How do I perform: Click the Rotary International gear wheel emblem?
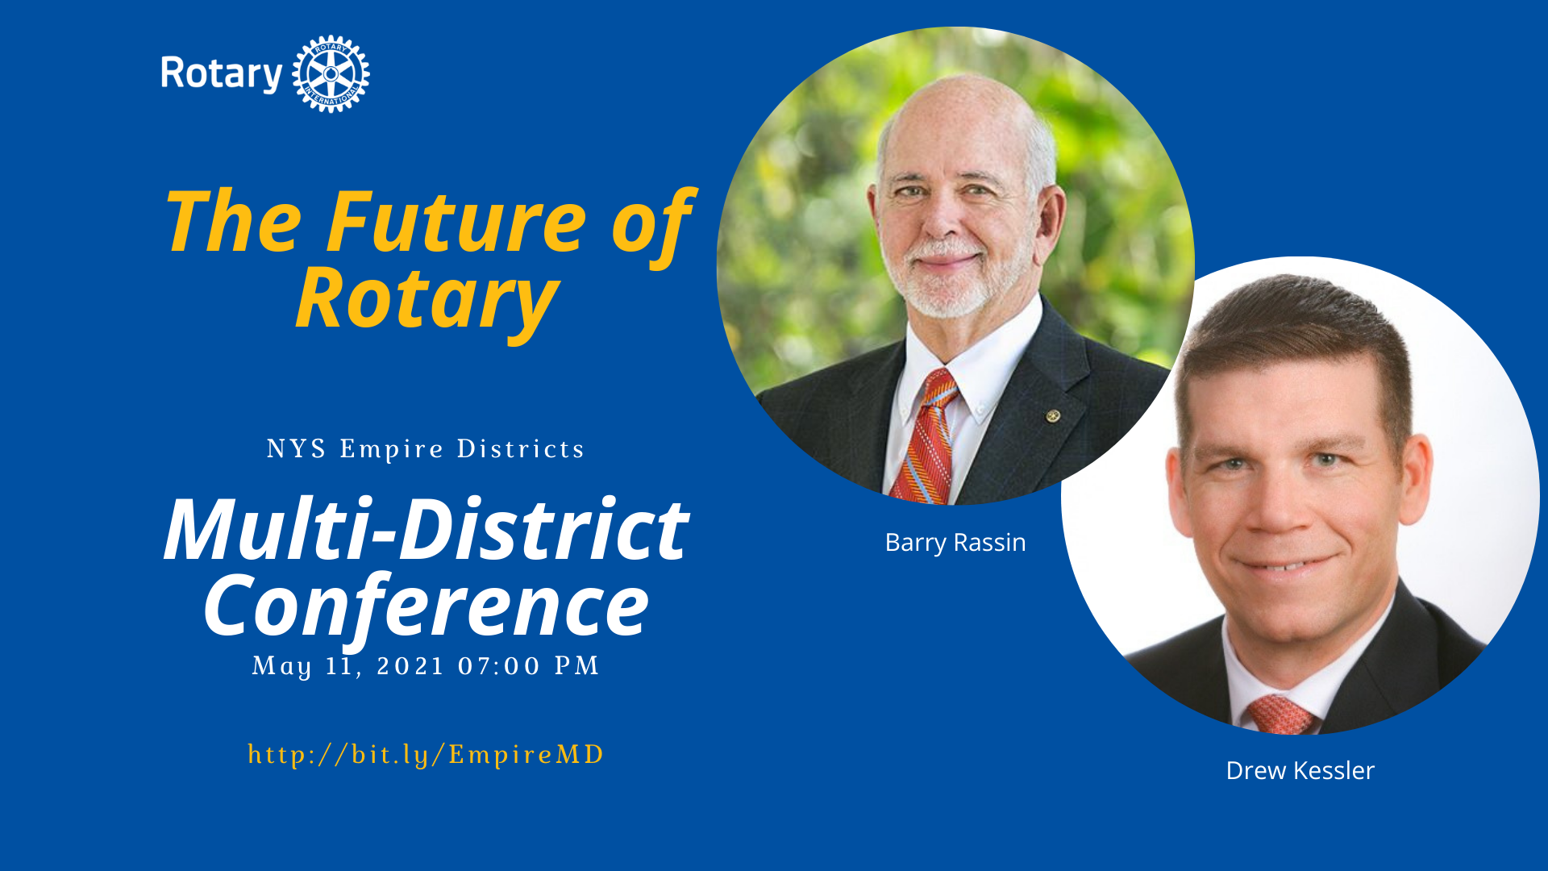(x=331, y=73)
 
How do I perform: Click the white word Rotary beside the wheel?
(x=221, y=74)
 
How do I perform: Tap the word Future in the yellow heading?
(x=456, y=222)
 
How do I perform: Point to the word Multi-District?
(x=426, y=529)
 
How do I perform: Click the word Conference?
(x=426, y=605)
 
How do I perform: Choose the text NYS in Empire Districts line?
(x=297, y=448)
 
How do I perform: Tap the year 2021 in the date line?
(x=410, y=666)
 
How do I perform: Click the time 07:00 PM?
(x=529, y=666)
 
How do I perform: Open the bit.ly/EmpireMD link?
(x=426, y=755)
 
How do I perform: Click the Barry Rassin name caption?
(x=955, y=543)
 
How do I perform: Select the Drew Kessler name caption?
(x=1300, y=771)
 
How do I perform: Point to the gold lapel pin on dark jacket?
(x=1052, y=416)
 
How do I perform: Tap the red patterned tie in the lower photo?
(x=1281, y=715)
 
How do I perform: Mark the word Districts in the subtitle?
(x=521, y=448)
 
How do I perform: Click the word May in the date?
(x=282, y=667)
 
